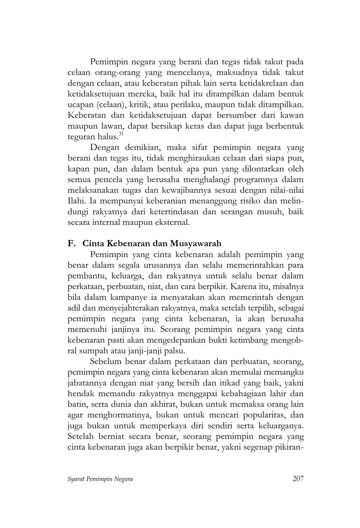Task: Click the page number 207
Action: pos(298,479)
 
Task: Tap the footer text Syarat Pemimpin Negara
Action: pos(100,479)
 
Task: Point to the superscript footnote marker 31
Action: pos(121,134)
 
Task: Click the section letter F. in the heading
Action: pos(72,243)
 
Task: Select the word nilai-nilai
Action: pos(286,190)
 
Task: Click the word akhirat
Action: pos(164,404)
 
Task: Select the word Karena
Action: pos(249,286)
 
